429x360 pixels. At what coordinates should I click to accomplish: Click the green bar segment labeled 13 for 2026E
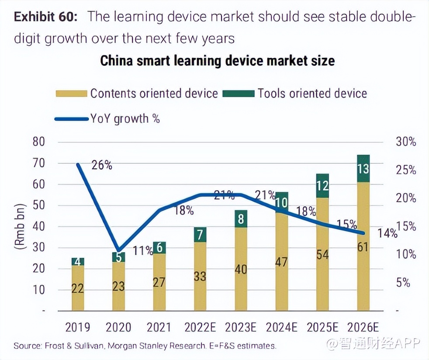[x=363, y=168]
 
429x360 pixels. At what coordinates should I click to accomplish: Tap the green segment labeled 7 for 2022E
[x=200, y=235]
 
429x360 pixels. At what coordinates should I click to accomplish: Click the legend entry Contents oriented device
[x=137, y=93]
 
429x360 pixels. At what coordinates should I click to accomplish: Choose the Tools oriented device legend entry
[x=295, y=93]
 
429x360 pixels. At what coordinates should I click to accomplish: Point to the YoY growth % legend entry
[x=107, y=118]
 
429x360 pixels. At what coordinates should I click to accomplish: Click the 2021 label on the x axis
[x=159, y=327]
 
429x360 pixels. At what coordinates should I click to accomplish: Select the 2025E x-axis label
[x=322, y=327]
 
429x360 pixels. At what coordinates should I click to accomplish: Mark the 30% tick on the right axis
[x=406, y=142]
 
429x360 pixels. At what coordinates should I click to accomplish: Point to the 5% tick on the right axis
[x=406, y=283]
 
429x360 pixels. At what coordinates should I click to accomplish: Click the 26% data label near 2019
[x=102, y=165]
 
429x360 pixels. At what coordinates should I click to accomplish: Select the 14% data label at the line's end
[x=388, y=233]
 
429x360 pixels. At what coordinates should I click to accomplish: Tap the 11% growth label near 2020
[x=143, y=251]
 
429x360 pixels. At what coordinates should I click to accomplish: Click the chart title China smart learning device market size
[x=217, y=60]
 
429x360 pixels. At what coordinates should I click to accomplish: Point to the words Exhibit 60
[x=45, y=17]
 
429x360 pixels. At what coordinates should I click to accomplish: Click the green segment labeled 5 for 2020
[x=118, y=257]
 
